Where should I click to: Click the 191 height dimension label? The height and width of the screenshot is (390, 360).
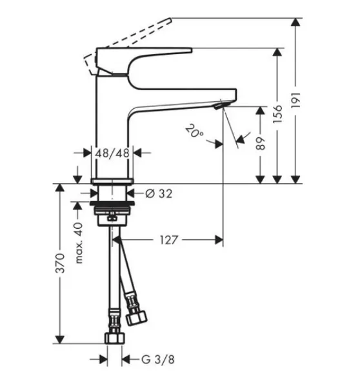(x=295, y=100)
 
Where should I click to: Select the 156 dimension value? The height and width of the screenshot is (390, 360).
(x=277, y=114)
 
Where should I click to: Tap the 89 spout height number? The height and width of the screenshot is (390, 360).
(x=261, y=143)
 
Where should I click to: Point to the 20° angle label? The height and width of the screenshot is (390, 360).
(x=194, y=130)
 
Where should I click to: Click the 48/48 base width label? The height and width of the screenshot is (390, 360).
(x=112, y=153)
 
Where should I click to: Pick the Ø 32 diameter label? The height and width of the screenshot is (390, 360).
(x=159, y=193)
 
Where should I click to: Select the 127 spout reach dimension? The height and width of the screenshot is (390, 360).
(x=169, y=240)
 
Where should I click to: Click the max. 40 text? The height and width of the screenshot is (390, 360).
(x=79, y=243)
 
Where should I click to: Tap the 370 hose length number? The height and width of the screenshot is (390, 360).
(x=60, y=263)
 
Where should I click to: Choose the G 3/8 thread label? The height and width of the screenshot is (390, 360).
(x=158, y=360)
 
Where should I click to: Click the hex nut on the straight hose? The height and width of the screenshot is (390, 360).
(x=115, y=338)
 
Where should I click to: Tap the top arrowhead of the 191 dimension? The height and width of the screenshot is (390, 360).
(x=295, y=22)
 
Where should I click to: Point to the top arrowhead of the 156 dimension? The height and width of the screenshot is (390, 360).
(x=277, y=52)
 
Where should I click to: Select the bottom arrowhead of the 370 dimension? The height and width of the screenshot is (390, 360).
(x=60, y=340)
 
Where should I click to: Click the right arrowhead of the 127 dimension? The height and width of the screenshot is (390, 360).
(x=219, y=240)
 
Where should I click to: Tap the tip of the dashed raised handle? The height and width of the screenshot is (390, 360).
(x=171, y=18)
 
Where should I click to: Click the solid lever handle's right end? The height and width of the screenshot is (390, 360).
(x=192, y=50)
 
